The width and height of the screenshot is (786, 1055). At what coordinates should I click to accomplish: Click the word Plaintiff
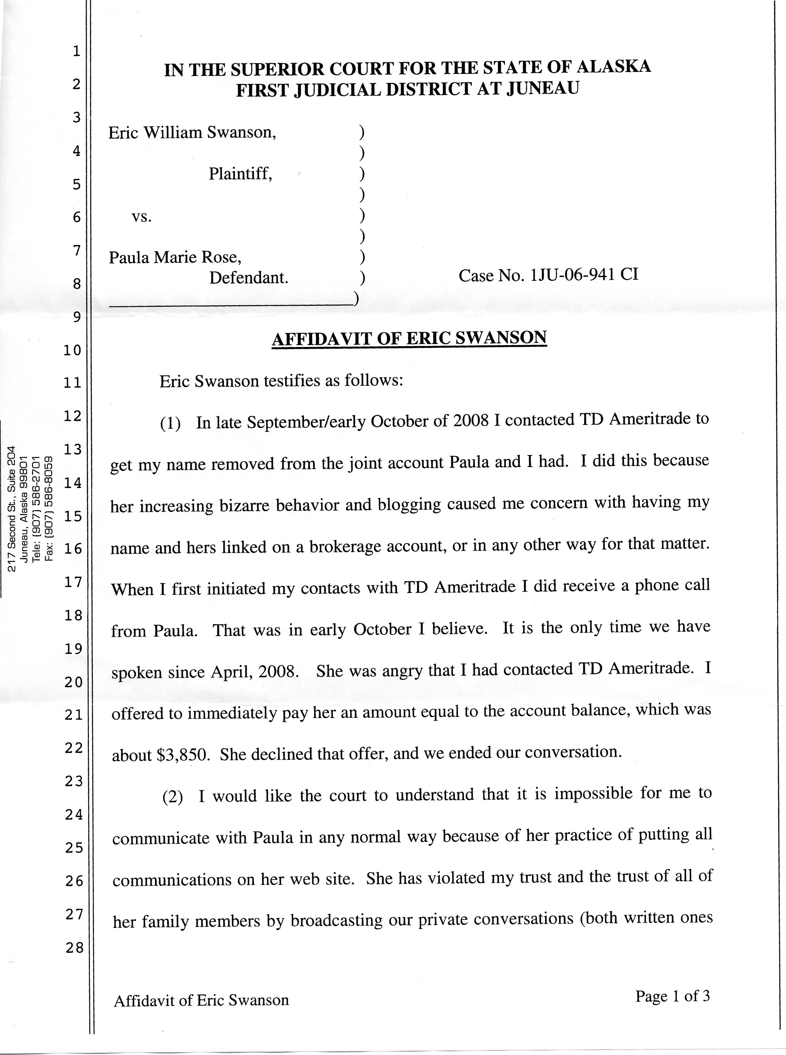pyautogui.click(x=240, y=174)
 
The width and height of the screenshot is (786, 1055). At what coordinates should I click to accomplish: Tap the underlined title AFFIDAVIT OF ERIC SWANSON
pyautogui.click(x=409, y=338)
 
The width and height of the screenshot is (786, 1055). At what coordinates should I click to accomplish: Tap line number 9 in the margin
pyautogui.click(x=77, y=317)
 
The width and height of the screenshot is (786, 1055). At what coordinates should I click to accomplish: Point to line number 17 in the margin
pyautogui.click(x=74, y=582)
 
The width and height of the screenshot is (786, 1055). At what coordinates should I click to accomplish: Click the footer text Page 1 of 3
pyautogui.click(x=672, y=996)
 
